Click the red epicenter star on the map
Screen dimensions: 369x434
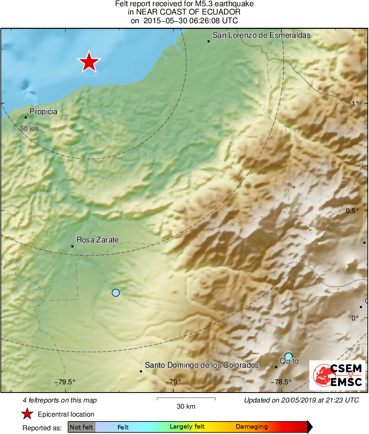88,63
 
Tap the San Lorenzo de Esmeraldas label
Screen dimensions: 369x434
261,36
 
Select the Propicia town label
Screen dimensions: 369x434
43,112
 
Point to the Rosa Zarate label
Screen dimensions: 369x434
98,240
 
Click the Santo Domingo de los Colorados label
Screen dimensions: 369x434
202,365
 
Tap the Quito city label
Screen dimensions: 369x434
289,361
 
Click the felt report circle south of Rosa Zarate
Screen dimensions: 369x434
116,293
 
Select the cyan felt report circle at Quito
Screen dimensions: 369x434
288,356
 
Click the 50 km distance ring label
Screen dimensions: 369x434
29,129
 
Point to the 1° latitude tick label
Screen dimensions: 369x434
355,103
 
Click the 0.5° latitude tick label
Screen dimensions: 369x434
352,211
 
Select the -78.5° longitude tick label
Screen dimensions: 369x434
281,382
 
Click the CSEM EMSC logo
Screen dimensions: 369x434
337,375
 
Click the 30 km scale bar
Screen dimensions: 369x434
186,399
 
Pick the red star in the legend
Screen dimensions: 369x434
27,414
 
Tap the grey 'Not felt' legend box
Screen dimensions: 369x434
81,427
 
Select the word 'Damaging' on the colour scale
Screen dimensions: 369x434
252,427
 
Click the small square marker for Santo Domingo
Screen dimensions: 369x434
141,371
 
